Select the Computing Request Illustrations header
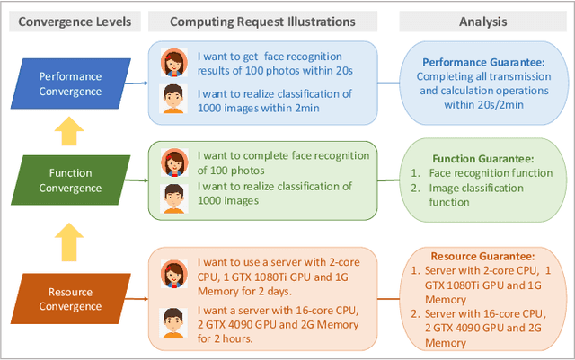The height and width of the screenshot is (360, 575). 261,22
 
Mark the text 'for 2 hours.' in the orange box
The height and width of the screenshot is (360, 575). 228,338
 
